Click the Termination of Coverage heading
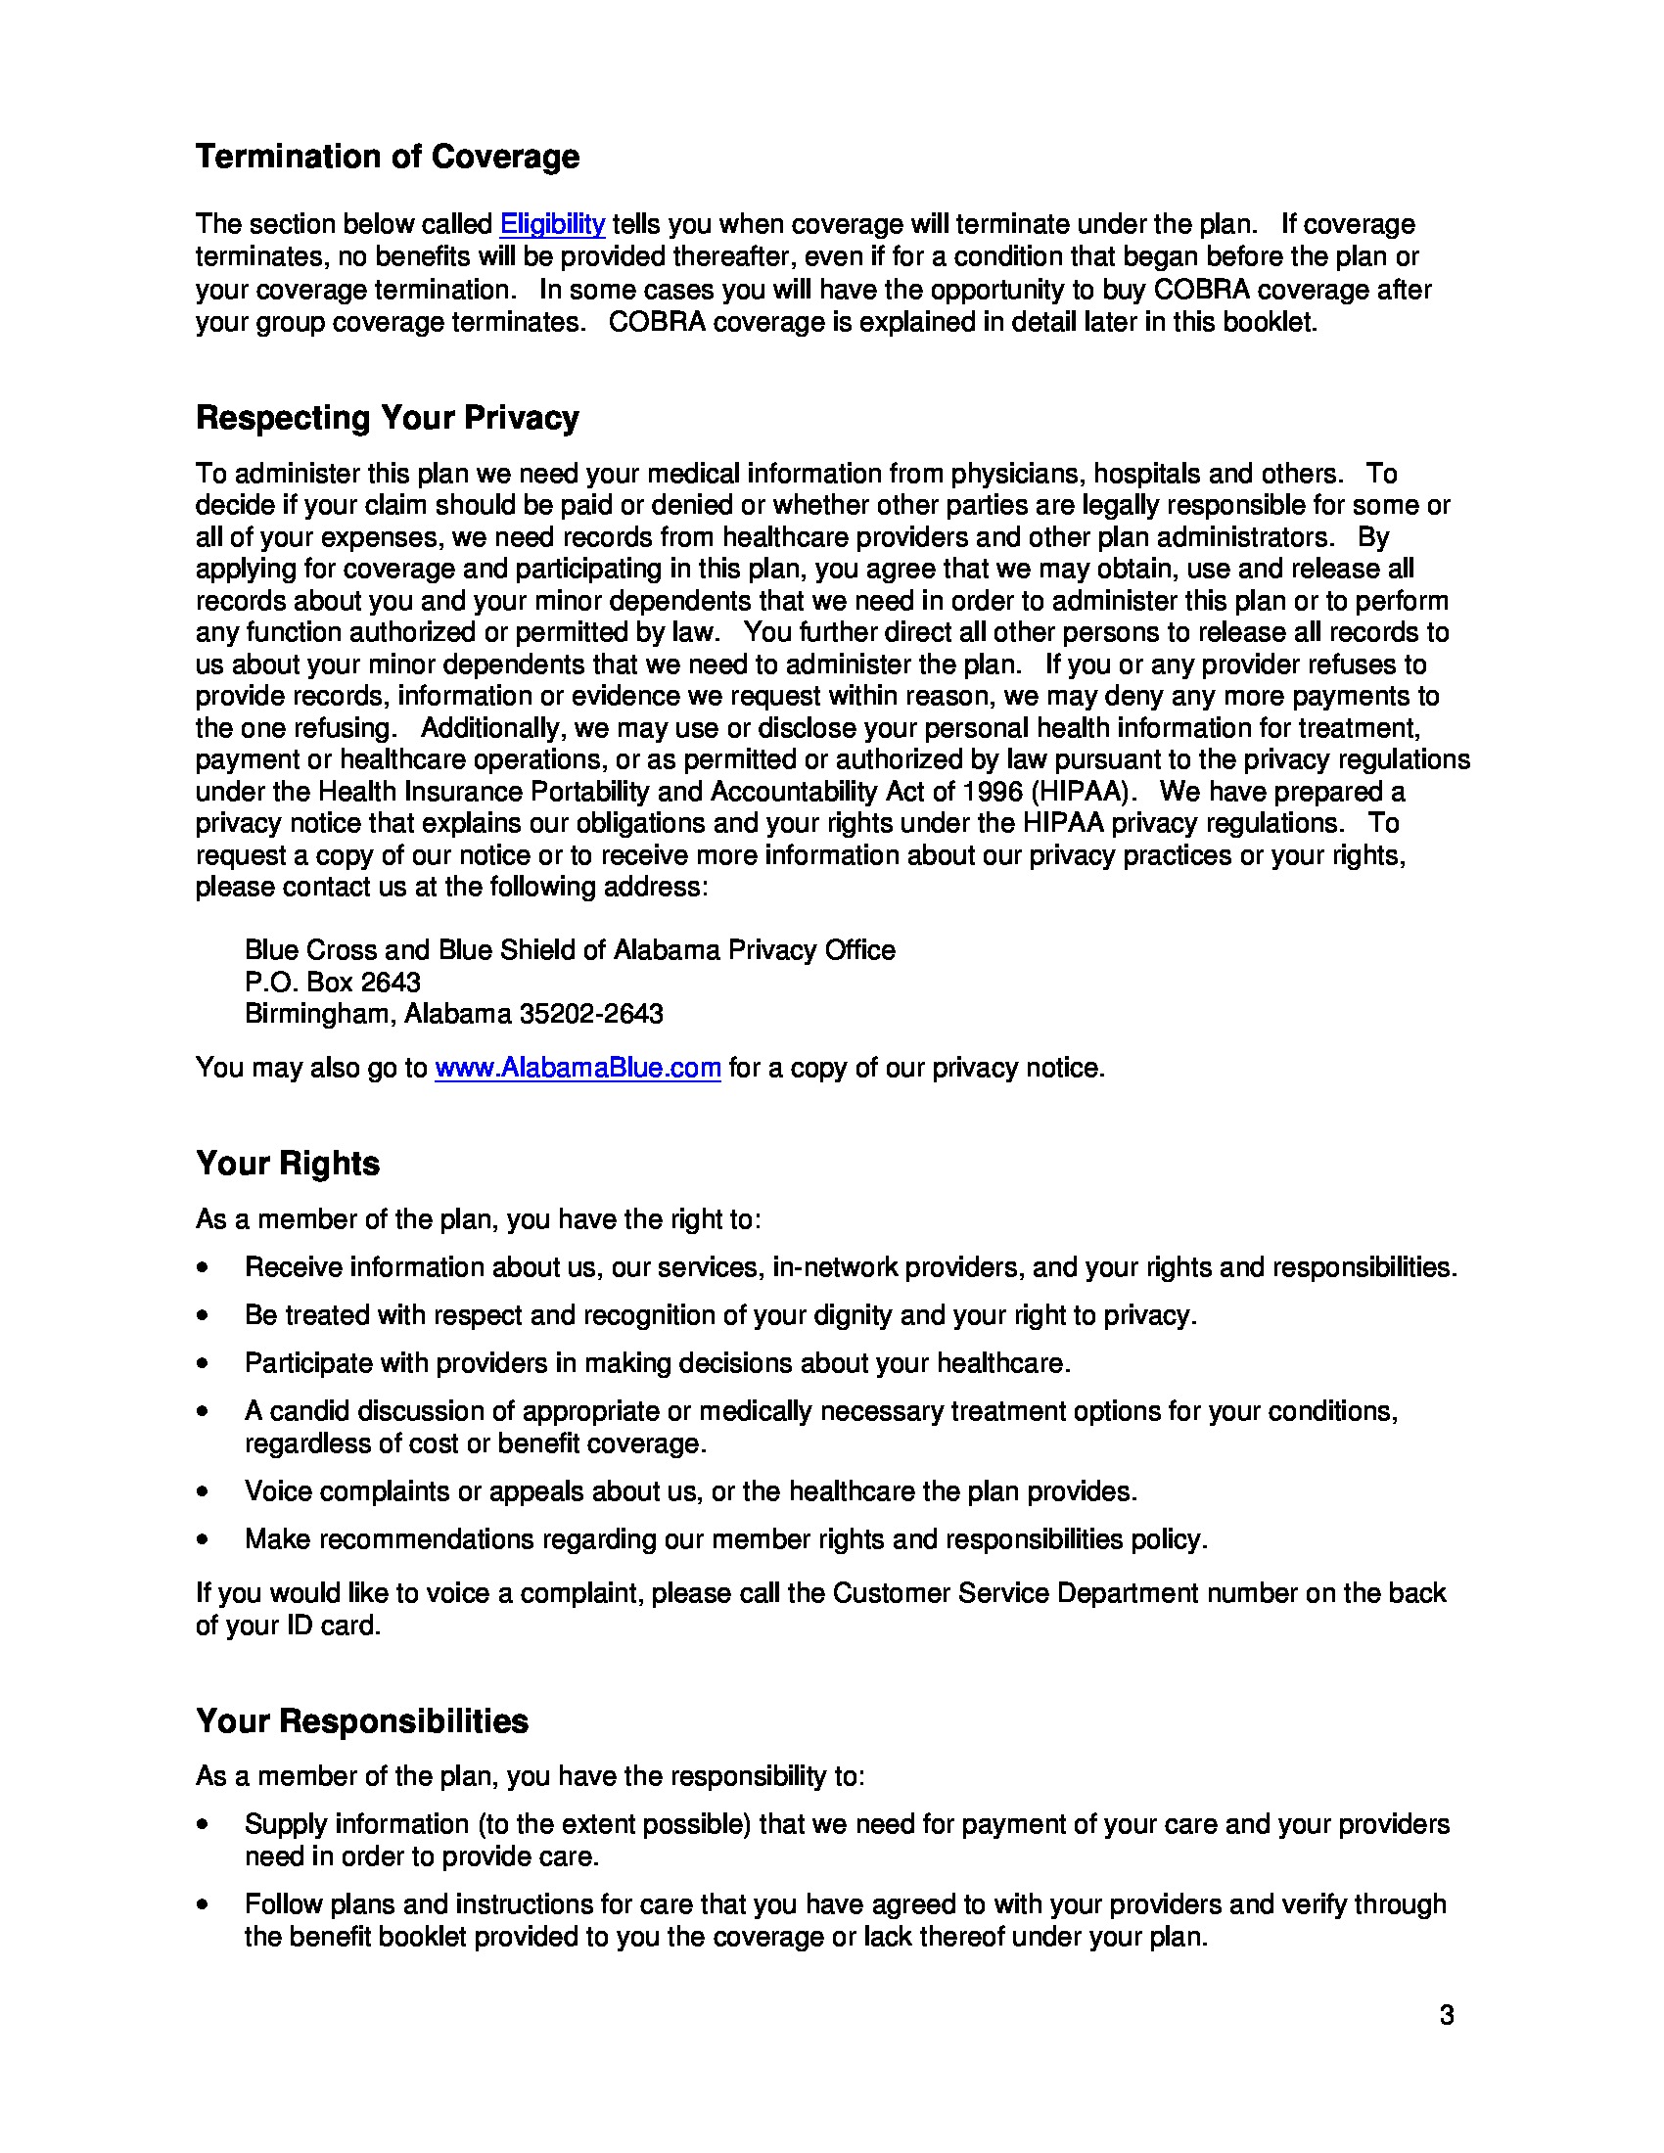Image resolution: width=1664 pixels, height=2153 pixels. click(388, 157)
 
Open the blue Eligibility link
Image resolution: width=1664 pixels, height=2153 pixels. click(552, 225)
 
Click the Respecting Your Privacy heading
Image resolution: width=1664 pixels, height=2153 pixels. click(388, 418)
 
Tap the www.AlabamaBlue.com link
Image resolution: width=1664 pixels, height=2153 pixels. click(578, 1068)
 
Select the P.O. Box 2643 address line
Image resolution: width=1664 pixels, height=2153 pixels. click(332, 982)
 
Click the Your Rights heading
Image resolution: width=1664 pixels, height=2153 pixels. click(287, 1164)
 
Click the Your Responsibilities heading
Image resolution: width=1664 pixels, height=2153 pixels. click(362, 1721)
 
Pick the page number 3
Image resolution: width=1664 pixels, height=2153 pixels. click(1446, 2016)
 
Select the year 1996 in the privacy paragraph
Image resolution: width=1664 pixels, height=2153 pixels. click(993, 792)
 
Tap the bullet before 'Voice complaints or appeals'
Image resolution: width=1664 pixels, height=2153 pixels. click(203, 1492)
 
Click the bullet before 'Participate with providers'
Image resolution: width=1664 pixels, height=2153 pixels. click(203, 1364)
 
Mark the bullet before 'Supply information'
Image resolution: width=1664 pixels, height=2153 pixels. click(203, 1825)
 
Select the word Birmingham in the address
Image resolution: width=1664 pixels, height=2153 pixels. click(319, 1014)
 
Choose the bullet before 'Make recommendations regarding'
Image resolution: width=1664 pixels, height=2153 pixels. click(203, 1539)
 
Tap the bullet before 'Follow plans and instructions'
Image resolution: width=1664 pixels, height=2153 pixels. click(203, 1904)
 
